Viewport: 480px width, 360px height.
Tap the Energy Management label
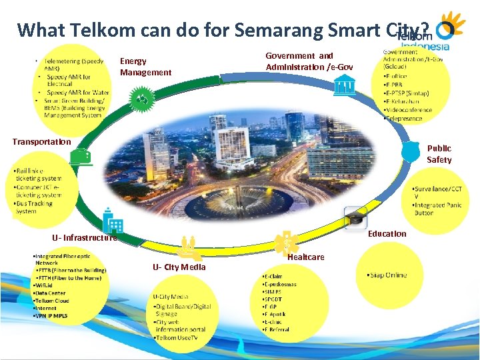pyautogui.click(x=145, y=67)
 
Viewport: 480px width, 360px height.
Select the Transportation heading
pyautogui.click(x=41, y=141)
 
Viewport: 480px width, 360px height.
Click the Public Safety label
pyautogui.click(x=439, y=154)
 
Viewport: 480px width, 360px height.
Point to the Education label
pyautogui.click(x=387, y=233)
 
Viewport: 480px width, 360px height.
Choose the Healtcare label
pyautogui.click(x=306, y=257)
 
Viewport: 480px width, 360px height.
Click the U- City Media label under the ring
pyautogui.click(x=179, y=267)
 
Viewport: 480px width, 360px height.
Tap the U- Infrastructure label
pyautogui.click(x=85, y=237)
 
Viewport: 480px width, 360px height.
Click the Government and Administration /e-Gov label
pyautogui.click(x=309, y=61)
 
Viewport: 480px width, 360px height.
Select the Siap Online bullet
pyautogui.click(x=387, y=275)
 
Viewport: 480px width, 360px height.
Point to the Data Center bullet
pyautogui.click(x=51, y=293)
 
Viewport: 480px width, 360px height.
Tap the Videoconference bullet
pyautogui.click(x=408, y=110)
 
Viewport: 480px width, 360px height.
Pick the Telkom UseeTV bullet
pyautogui.click(x=180, y=338)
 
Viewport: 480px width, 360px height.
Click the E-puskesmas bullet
pyautogui.click(x=281, y=284)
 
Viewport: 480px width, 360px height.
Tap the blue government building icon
pyautogui.click(x=345, y=86)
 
